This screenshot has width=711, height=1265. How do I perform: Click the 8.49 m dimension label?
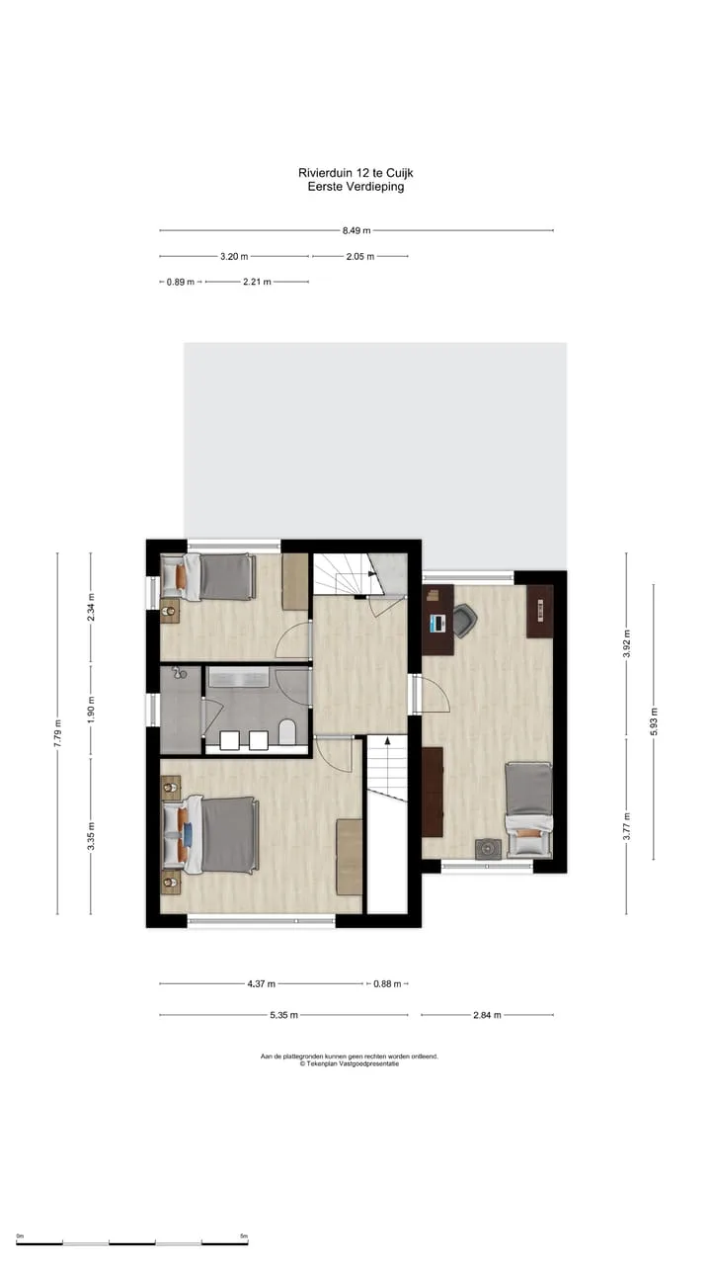tap(356, 230)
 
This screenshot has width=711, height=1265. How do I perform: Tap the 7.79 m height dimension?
tap(57, 733)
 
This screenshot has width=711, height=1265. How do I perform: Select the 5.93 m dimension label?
tap(654, 721)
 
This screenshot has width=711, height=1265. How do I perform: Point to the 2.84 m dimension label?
tap(487, 1015)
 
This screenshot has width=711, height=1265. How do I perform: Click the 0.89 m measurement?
tap(181, 282)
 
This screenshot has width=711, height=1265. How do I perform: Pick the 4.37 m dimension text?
tap(262, 983)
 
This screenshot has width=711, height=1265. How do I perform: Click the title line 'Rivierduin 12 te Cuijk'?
tap(355, 173)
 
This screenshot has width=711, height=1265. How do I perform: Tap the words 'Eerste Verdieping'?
tap(355, 187)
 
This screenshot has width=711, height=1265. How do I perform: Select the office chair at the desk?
tap(465, 621)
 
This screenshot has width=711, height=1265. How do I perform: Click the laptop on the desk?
tap(437, 624)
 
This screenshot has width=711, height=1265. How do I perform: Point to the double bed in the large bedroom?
tap(211, 835)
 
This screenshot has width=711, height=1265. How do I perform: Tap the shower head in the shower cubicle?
tap(179, 673)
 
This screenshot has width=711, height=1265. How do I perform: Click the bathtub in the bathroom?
tap(237, 677)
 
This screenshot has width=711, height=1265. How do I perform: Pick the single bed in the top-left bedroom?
tap(207, 576)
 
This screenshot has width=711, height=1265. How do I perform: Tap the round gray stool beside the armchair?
tap(488, 849)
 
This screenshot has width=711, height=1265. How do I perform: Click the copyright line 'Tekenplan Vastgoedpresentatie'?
tap(350, 1064)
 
